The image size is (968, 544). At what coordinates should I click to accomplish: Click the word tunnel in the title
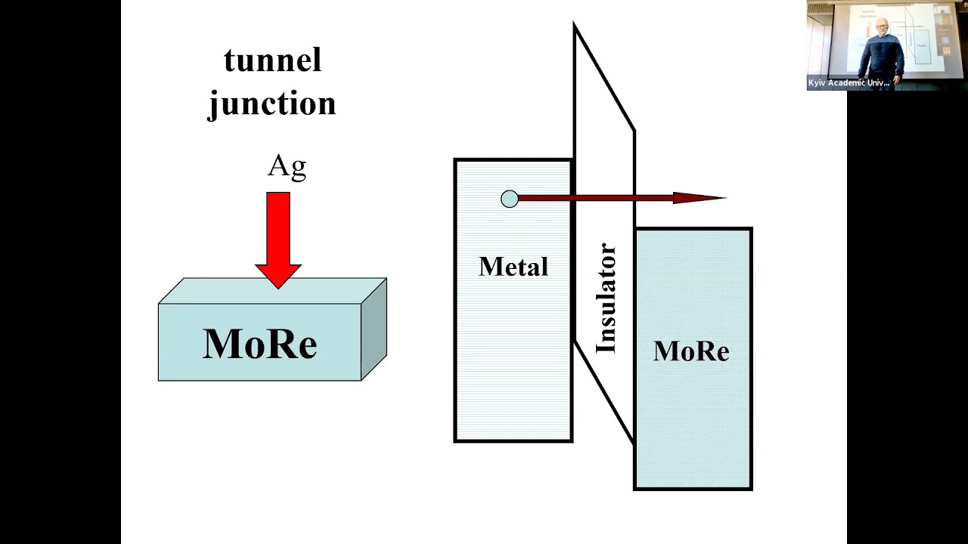[272, 60]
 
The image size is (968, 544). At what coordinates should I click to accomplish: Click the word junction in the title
[272, 104]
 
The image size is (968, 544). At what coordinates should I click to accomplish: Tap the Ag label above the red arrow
[287, 165]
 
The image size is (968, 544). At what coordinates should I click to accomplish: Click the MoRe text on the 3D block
[259, 344]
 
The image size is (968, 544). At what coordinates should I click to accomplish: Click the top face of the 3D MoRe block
[272, 292]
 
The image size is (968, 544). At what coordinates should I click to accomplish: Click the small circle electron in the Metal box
[510, 199]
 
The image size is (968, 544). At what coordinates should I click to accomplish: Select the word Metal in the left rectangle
[513, 266]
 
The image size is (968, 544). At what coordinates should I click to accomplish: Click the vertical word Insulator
[606, 298]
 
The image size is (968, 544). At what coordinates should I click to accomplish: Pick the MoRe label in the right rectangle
[691, 351]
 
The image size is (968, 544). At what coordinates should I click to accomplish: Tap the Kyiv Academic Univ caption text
[849, 83]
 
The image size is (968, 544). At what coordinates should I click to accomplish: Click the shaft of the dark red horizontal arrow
[597, 198]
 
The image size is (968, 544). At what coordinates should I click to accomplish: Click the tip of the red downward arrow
[278, 286]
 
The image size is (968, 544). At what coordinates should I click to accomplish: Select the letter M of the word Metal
[488, 266]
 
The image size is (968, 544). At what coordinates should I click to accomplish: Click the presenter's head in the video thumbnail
[883, 26]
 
